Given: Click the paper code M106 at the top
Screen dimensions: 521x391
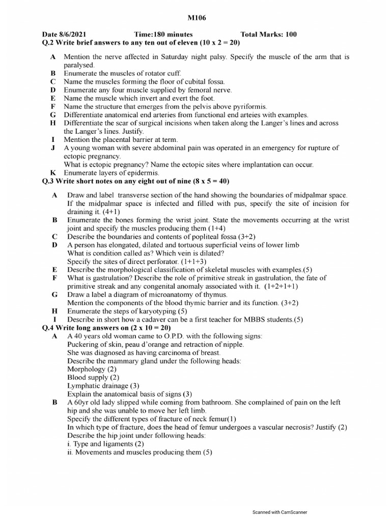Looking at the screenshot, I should pos(195,19).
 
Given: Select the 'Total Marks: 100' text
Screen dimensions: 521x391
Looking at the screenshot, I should pos(268,35).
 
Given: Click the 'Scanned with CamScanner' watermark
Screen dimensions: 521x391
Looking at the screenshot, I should pos(280,512).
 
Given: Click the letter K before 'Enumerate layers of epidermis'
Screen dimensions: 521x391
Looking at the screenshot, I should pos(52,173).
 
